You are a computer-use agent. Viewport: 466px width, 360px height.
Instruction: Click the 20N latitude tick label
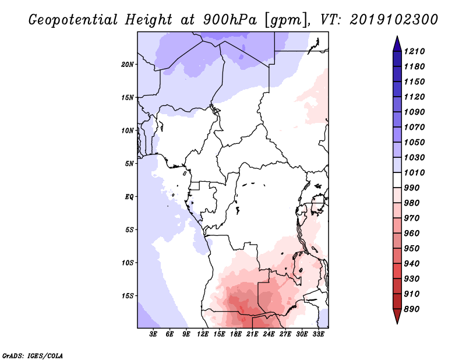[x=128, y=64]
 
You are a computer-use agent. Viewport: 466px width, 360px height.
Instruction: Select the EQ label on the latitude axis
[x=129, y=196]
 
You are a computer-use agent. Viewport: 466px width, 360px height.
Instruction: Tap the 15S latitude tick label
[x=128, y=295]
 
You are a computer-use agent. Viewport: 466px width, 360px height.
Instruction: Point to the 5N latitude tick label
[x=129, y=163]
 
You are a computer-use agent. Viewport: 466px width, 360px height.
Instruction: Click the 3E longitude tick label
[x=154, y=335]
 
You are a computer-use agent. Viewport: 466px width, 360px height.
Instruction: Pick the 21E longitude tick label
[x=252, y=335]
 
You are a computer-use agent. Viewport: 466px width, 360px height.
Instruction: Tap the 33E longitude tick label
[x=318, y=335]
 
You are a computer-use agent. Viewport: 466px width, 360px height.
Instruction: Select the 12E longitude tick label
[x=203, y=335]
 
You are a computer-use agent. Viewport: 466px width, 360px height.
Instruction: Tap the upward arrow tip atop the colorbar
[x=396, y=37]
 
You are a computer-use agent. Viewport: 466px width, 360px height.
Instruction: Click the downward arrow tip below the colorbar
[x=396, y=322]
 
